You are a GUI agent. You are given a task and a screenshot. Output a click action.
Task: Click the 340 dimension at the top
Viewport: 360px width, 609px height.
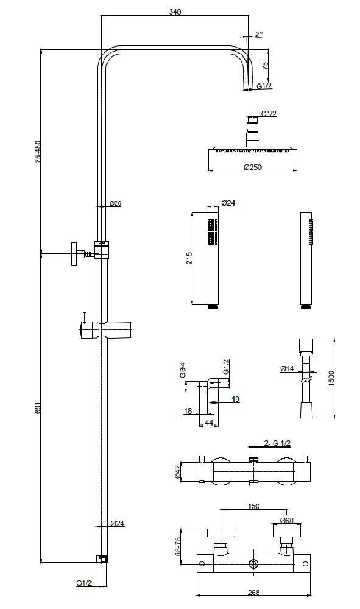175,12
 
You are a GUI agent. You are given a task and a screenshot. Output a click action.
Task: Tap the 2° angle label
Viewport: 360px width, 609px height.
259,34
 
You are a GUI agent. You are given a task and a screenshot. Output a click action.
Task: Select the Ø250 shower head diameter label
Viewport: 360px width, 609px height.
253,167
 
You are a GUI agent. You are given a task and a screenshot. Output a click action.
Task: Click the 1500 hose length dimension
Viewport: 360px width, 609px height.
331,379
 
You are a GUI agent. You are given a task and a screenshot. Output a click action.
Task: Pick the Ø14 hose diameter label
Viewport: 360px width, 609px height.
287,368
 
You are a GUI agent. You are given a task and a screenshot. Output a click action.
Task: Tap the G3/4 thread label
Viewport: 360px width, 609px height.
183,370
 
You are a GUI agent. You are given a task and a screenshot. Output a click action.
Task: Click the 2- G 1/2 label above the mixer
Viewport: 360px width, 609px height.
277,443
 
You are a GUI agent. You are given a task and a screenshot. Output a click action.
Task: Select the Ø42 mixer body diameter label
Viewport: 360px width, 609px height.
177,471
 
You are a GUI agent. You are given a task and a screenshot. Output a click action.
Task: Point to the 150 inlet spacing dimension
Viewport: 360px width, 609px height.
253,507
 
